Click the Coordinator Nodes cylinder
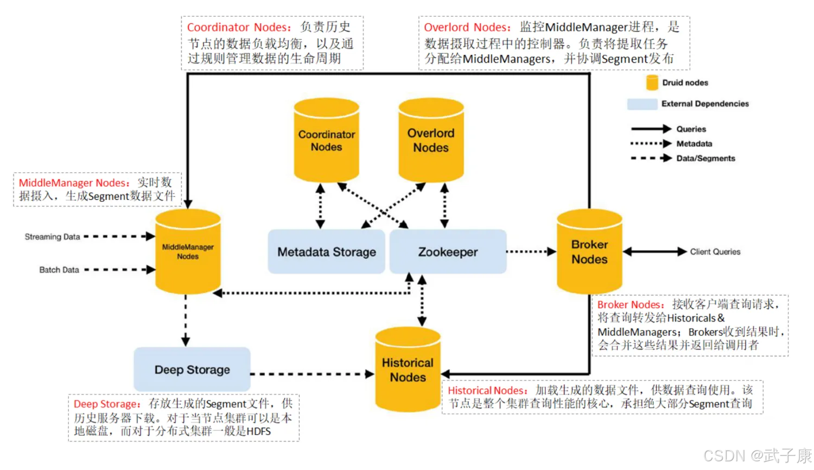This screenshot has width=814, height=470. pos(326,141)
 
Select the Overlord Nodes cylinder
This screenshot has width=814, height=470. pos(431,141)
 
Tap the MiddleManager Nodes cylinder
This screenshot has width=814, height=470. pos(188,252)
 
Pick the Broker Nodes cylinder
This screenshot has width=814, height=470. pos(589,252)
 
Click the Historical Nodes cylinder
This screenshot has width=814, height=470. pos(408,370)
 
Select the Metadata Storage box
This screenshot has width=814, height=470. pos(326,252)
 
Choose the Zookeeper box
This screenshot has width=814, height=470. pos(448,252)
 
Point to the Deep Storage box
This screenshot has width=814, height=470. pos(192,370)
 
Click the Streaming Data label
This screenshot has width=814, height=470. pos(52,237)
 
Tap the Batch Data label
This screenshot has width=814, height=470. pos(59,270)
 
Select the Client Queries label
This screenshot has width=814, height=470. pos(715,252)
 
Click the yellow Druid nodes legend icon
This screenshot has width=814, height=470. pos(652,82)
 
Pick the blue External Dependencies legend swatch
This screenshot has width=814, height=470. pos(642,104)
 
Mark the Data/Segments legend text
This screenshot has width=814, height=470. pos(705,158)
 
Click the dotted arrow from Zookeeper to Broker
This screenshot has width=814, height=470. pos(531,252)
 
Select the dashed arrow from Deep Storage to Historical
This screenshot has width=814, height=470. pos(312,374)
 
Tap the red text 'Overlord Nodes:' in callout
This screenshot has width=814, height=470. pos(467,27)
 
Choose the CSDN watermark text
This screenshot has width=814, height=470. pos(757,455)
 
